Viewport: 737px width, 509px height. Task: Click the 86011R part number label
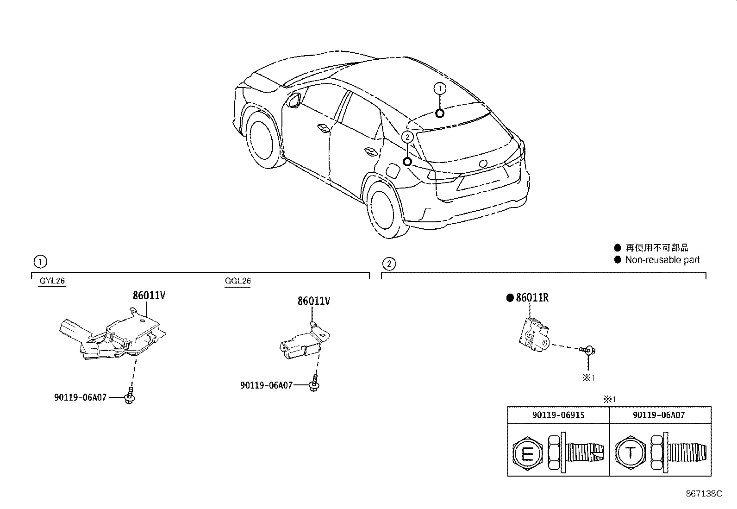pyautogui.click(x=532, y=298)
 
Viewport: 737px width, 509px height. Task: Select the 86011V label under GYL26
pyautogui.click(x=149, y=295)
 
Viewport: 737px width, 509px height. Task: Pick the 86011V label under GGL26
pyautogui.click(x=314, y=301)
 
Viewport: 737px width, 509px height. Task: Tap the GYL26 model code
pyautogui.click(x=52, y=281)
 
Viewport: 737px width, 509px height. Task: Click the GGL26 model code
pyautogui.click(x=238, y=281)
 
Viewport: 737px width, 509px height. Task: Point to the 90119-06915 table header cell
pyautogui.click(x=558, y=415)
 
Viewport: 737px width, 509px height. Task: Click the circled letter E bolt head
pyautogui.click(x=527, y=453)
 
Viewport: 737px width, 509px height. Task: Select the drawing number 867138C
pyautogui.click(x=704, y=494)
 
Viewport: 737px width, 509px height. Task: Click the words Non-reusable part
pyautogui.click(x=662, y=260)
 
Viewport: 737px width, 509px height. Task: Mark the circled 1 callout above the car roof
pyautogui.click(x=440, y=88)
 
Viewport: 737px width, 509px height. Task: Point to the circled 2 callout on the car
pyautogui.click(x=407, y=137)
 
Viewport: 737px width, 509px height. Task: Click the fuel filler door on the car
pyautogui.click(x=393, y=171)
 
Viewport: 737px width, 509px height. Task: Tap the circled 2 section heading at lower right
pyautogui.click(x=389, y=264)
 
